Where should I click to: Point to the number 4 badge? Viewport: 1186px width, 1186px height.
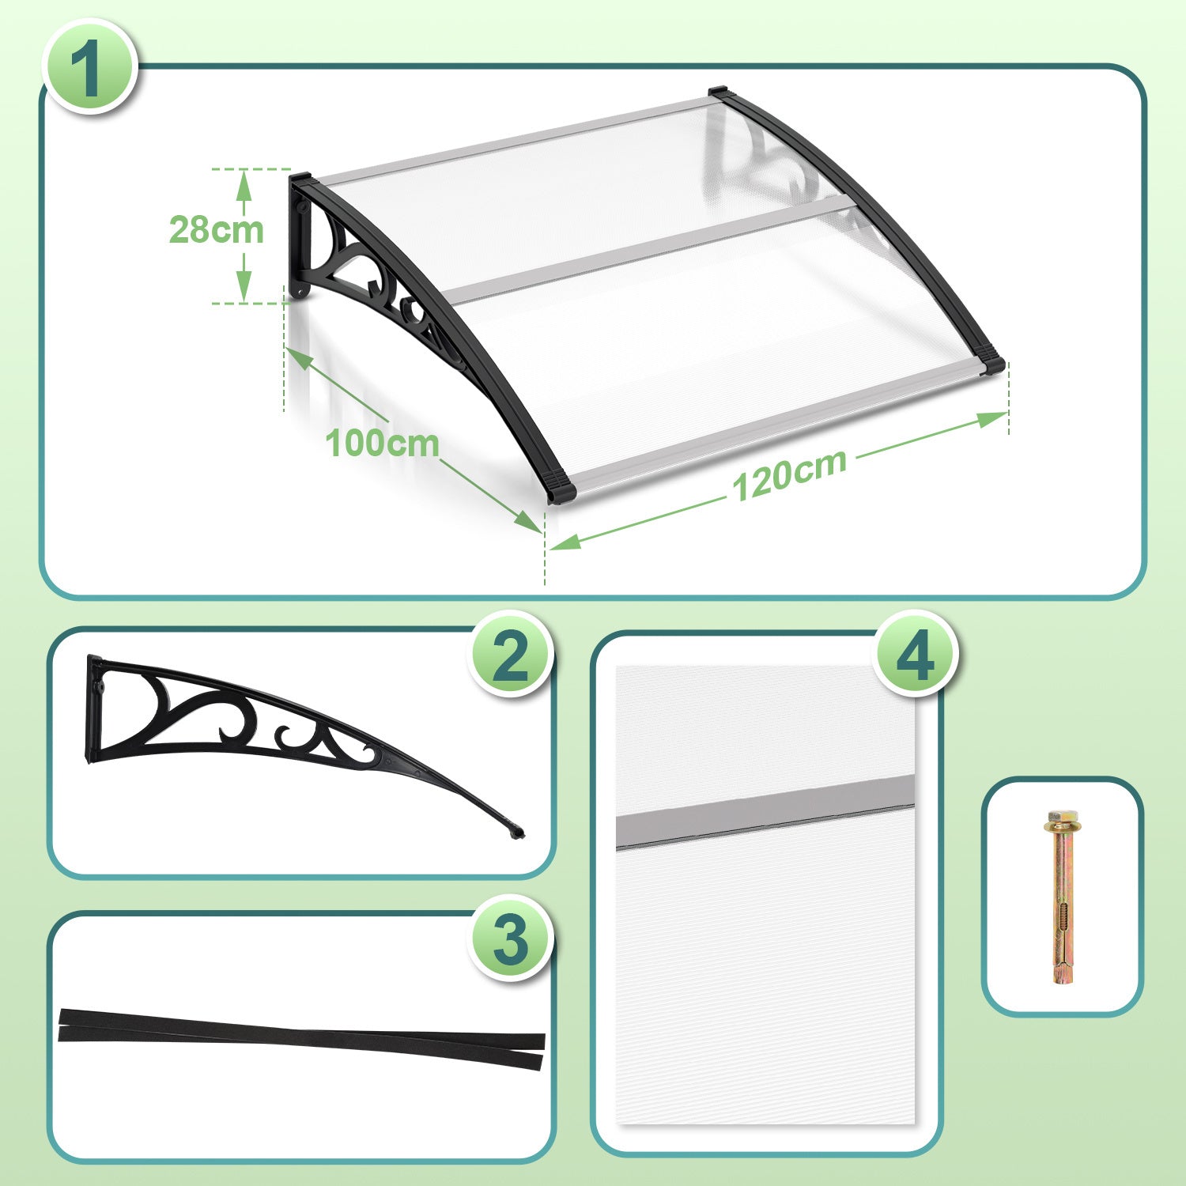pyautogui.click(x=916, y=654)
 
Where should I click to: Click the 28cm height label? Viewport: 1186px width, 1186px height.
pyautogui.click(x=216, y=230)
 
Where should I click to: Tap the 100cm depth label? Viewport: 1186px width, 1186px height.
pyautogui.click(x=382, y=443)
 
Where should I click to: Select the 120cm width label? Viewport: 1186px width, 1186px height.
pyautogui.click(x=789, y=474)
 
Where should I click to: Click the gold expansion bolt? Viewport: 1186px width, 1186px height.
pyautogui.click(x=1062, y=897)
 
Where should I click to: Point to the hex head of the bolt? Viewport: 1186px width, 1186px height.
pyautogui.click(x=1059, y=816)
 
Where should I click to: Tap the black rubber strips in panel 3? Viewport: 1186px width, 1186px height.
pyautogui.click(x=301, y=1038)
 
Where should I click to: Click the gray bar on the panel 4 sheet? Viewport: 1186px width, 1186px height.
pyautogui.click(x=765, y=812)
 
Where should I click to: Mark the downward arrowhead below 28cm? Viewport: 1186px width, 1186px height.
pyautogui.click(x=244, y=285)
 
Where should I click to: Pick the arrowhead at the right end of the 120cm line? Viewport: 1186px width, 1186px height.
pyautogui.click(x=993, y=418)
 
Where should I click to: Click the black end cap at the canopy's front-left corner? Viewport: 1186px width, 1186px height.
pyautogui.click(x=561, y=488)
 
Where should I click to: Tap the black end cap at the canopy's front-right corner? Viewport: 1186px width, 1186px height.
pyautogui.click(x=990, y=365)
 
